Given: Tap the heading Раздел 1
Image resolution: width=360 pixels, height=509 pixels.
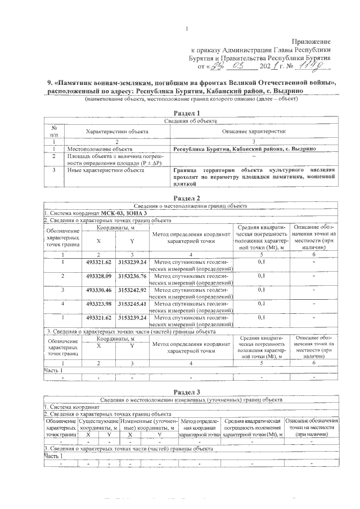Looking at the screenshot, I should tap(187, 113).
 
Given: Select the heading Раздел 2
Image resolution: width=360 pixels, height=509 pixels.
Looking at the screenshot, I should tap(187, 197).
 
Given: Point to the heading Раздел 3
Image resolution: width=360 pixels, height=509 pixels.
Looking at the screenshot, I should tap(187, 391).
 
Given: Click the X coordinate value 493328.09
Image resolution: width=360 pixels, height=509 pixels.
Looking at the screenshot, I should tap(99, 276).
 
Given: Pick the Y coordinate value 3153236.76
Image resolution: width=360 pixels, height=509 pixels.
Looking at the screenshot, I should tap(132, 276).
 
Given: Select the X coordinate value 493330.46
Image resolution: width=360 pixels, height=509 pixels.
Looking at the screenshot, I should tap(99, 290).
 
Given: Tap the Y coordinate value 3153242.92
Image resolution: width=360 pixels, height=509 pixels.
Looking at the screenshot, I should tap(132, 290).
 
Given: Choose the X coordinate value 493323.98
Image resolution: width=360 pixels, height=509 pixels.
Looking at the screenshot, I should tap(99, 304).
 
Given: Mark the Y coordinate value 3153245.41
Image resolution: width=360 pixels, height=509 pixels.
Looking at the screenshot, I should tap(132, 304).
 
